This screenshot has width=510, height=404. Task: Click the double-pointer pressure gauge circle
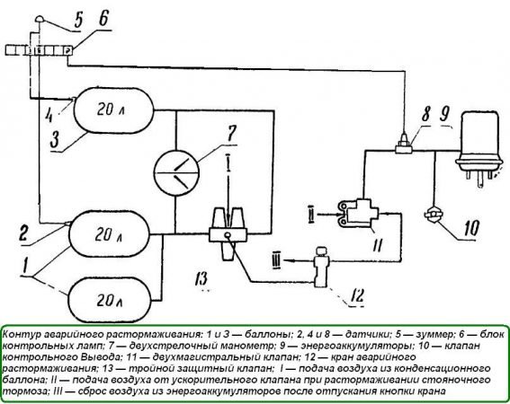176,172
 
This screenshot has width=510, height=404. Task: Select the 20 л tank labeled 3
113,110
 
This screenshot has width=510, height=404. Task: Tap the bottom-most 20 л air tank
111,300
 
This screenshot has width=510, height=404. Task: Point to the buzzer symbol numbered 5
40,19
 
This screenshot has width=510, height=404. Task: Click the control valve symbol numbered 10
434,215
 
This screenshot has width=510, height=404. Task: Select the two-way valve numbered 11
358,214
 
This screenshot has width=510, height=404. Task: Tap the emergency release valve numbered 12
321,267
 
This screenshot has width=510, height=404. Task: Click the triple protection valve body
228,233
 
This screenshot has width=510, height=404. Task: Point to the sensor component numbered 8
404,144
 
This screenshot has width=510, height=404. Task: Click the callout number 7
231,134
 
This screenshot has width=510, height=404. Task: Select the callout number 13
201,278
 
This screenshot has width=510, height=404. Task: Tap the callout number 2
22,233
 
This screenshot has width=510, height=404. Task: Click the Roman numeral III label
277,260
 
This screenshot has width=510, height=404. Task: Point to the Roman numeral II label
311,215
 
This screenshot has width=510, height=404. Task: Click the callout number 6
103,19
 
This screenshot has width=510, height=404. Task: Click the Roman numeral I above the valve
228,162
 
